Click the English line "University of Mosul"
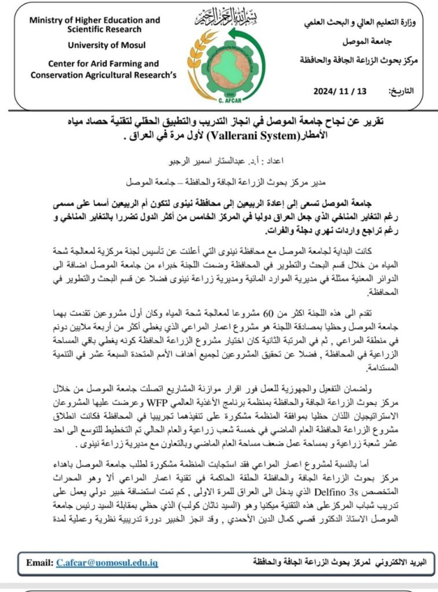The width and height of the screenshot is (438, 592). click(107, 45)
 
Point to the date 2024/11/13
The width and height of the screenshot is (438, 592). click(340, 91)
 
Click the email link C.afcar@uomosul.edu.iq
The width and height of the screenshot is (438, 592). click(107, 562)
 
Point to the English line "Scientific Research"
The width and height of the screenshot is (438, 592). click(104, 29)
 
